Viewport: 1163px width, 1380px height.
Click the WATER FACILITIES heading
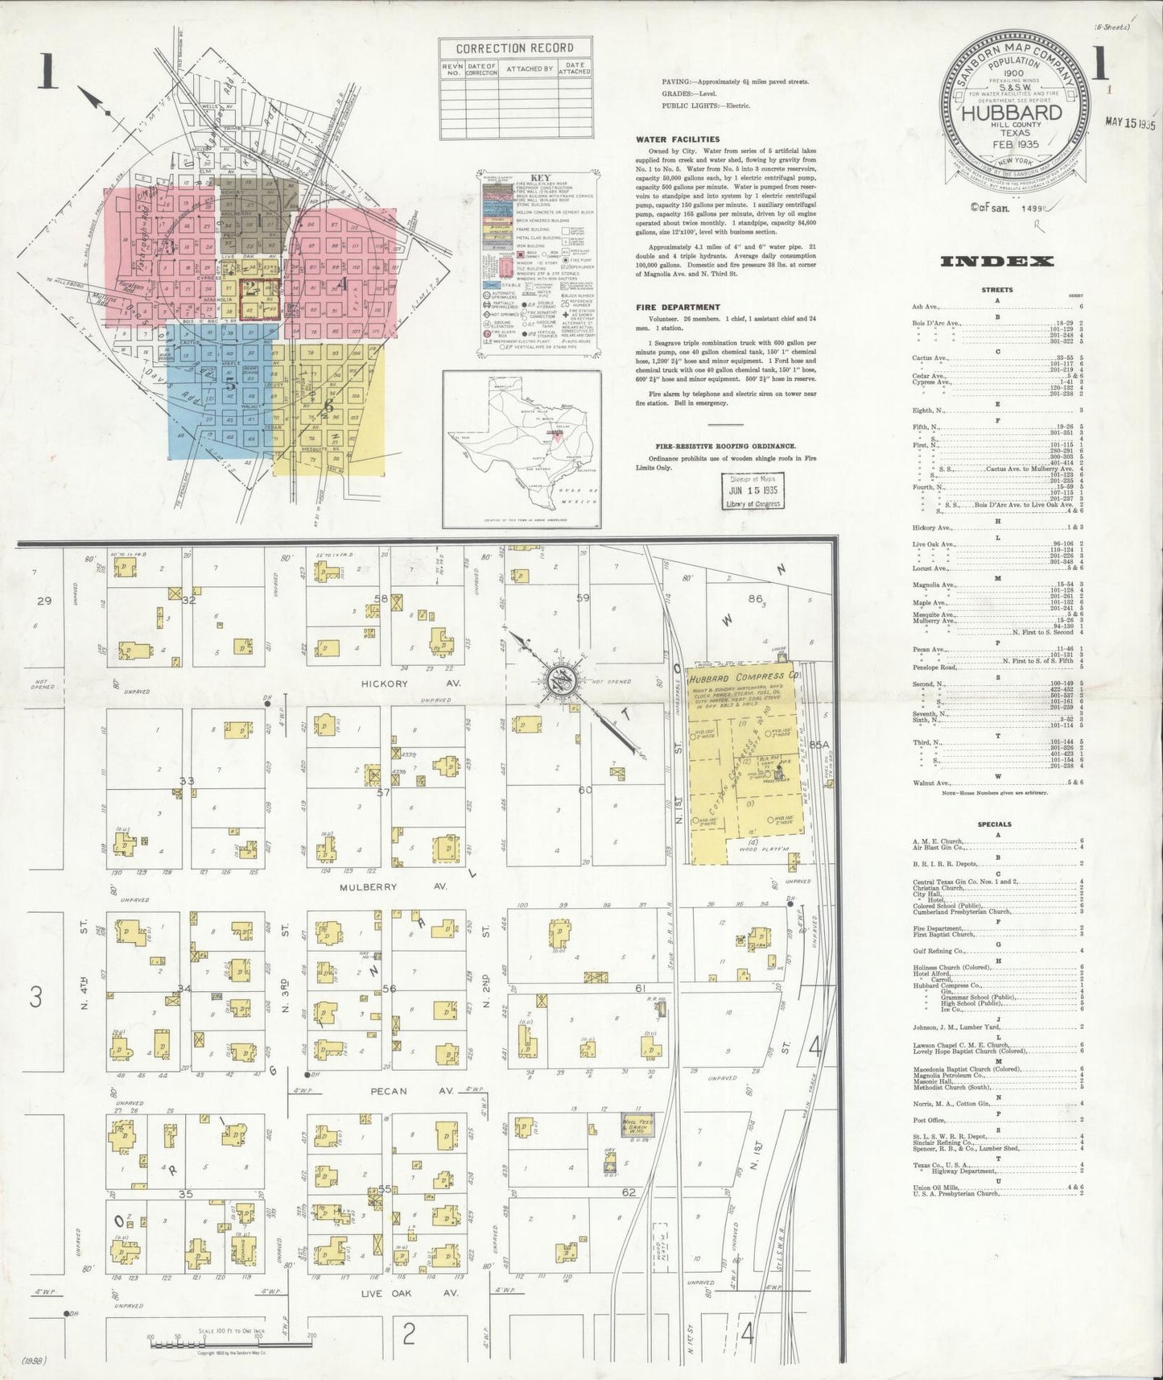click(x=678, y=139)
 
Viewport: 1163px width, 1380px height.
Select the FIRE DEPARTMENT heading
click(x=677, y=307)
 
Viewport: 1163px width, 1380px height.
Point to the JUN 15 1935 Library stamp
click(x=750, y=490)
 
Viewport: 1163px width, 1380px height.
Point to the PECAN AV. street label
click(x=389, y=1092)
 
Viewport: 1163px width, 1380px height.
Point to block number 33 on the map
click(x=187, y=780)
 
